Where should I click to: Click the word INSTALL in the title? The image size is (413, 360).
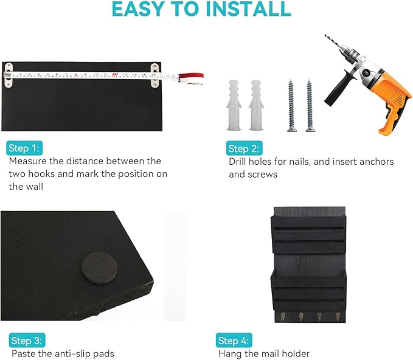click(248, 9)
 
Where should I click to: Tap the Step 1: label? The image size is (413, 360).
click(24, 148)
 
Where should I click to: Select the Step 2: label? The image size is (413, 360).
click(244, 148)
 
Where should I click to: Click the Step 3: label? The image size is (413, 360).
click(27, 341)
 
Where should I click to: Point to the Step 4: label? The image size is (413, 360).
click(234, 341)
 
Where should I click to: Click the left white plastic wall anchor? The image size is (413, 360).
click(234, 105)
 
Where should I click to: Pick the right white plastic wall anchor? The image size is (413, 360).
click(256, 105)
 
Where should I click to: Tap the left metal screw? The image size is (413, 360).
click(291, 105)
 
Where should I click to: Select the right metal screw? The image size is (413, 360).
click(310, 105)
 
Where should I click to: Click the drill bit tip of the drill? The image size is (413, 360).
click(325, 35)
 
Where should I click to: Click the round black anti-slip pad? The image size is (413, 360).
click(100, 268)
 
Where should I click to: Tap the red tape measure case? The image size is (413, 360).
click(191, 79)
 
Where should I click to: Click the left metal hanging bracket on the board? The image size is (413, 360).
click(9, 75)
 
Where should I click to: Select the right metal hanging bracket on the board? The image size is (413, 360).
click(155, 75)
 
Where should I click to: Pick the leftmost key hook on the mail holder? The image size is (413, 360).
click(283, 316)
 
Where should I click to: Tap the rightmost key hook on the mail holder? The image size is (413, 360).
click(338, 317)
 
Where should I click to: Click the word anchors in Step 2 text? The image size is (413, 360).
click(377, 161)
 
